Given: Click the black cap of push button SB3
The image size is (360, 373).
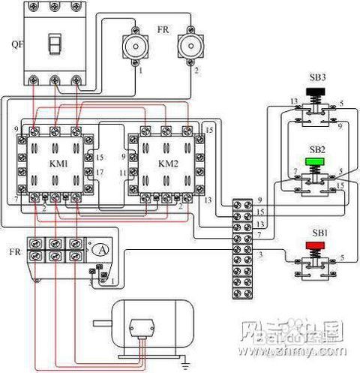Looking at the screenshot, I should tap(315, 94).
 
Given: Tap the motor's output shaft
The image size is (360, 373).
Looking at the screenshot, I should tap(102, 324).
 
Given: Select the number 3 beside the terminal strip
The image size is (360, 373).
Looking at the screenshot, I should tap(261, 256).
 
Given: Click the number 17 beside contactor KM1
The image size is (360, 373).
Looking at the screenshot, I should tap(100, 172).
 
